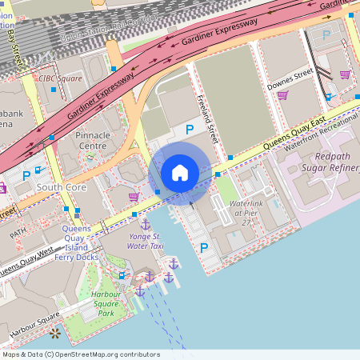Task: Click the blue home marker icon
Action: pos(180,173)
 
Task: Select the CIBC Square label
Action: pos(61,78)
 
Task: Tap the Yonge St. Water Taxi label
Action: pos(145,241)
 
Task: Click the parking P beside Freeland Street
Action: pos(190,129)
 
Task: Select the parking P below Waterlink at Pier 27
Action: pos(203,248)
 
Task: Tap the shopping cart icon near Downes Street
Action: pos(282,95)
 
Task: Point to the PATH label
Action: pos(18,236)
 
